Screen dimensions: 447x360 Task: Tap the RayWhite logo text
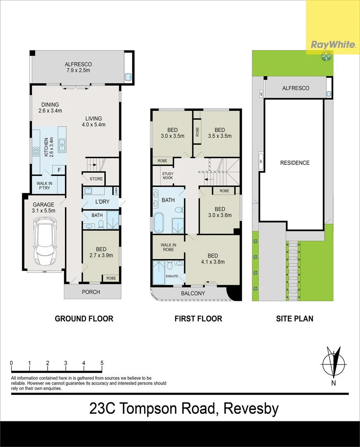click(333, 45)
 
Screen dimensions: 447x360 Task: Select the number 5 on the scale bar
click(102, 363)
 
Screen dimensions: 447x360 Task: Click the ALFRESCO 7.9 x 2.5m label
click(78, 67)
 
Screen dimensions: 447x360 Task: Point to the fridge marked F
click(59, 170)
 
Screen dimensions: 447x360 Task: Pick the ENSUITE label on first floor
click(172, 276)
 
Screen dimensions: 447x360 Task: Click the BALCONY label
click(193, 293)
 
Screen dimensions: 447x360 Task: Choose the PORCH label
click(91, 292)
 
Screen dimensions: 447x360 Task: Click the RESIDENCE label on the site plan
click(295, 163)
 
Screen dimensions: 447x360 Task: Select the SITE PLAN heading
click(295, 319)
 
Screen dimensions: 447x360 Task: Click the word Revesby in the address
click(251, 409)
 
